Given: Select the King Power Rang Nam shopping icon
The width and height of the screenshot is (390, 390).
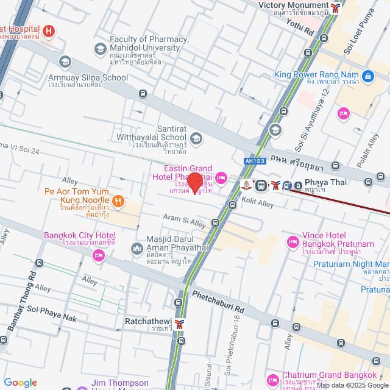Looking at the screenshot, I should (367, 76).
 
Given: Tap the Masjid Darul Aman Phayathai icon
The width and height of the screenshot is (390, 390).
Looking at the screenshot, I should (136, 248).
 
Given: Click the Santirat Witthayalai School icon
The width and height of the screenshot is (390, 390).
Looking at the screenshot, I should (196, 138).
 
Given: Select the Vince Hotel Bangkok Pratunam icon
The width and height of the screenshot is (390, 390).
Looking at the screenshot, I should (292, 240).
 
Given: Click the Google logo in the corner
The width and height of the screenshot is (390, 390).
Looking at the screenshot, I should (20, 382).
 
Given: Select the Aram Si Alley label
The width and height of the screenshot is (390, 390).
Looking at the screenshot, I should (185, 221).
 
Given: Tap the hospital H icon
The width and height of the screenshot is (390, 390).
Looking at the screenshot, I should (49, 30).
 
